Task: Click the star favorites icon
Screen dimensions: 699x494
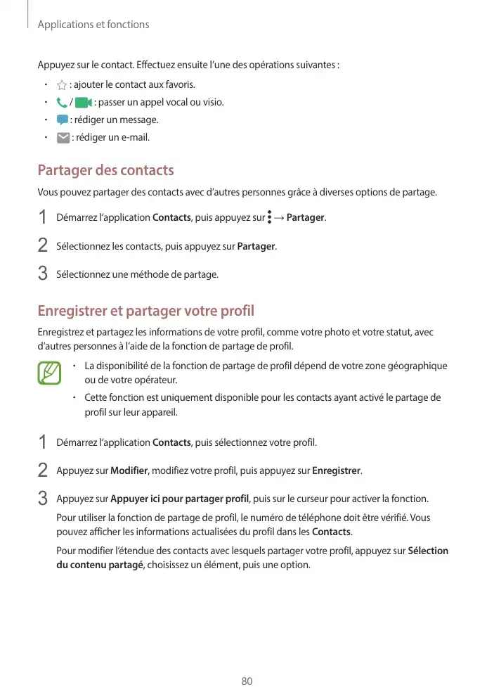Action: [62, 85]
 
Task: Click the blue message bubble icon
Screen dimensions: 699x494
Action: [63, 120]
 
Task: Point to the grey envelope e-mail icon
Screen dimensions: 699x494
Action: [63, 138]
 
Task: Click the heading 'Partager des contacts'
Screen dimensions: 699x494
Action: [105, 171]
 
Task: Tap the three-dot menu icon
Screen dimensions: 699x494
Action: [270, 217]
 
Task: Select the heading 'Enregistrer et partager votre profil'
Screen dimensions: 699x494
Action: [145, 311]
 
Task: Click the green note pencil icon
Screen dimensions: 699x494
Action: [49, 373]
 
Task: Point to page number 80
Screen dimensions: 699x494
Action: [247, 681]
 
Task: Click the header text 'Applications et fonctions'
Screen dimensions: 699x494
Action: [93, 25]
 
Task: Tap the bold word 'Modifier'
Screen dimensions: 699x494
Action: [129, 470]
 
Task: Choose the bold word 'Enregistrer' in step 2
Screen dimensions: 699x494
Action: [336, 470]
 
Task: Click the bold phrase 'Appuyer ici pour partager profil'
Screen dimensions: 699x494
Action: [180, 499]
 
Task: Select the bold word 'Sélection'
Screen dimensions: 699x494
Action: [428, 551]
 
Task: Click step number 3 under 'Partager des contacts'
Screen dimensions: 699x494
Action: [43, 274]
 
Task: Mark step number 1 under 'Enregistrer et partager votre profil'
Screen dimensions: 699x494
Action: [43, 443]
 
